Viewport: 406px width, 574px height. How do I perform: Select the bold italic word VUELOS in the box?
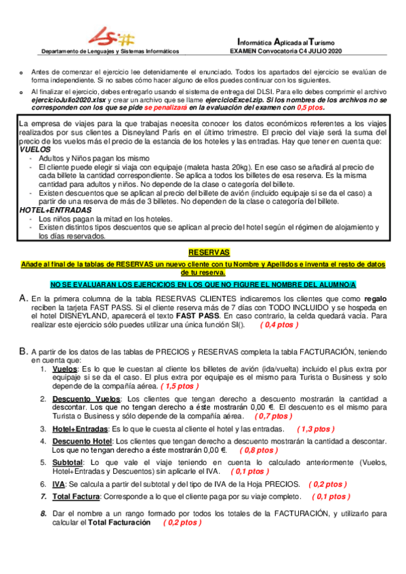35,149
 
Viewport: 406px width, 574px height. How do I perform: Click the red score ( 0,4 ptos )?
279,325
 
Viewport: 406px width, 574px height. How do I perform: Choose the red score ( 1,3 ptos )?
316,429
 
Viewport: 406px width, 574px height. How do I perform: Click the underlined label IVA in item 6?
59,484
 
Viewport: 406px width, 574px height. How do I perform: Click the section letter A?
24,298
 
